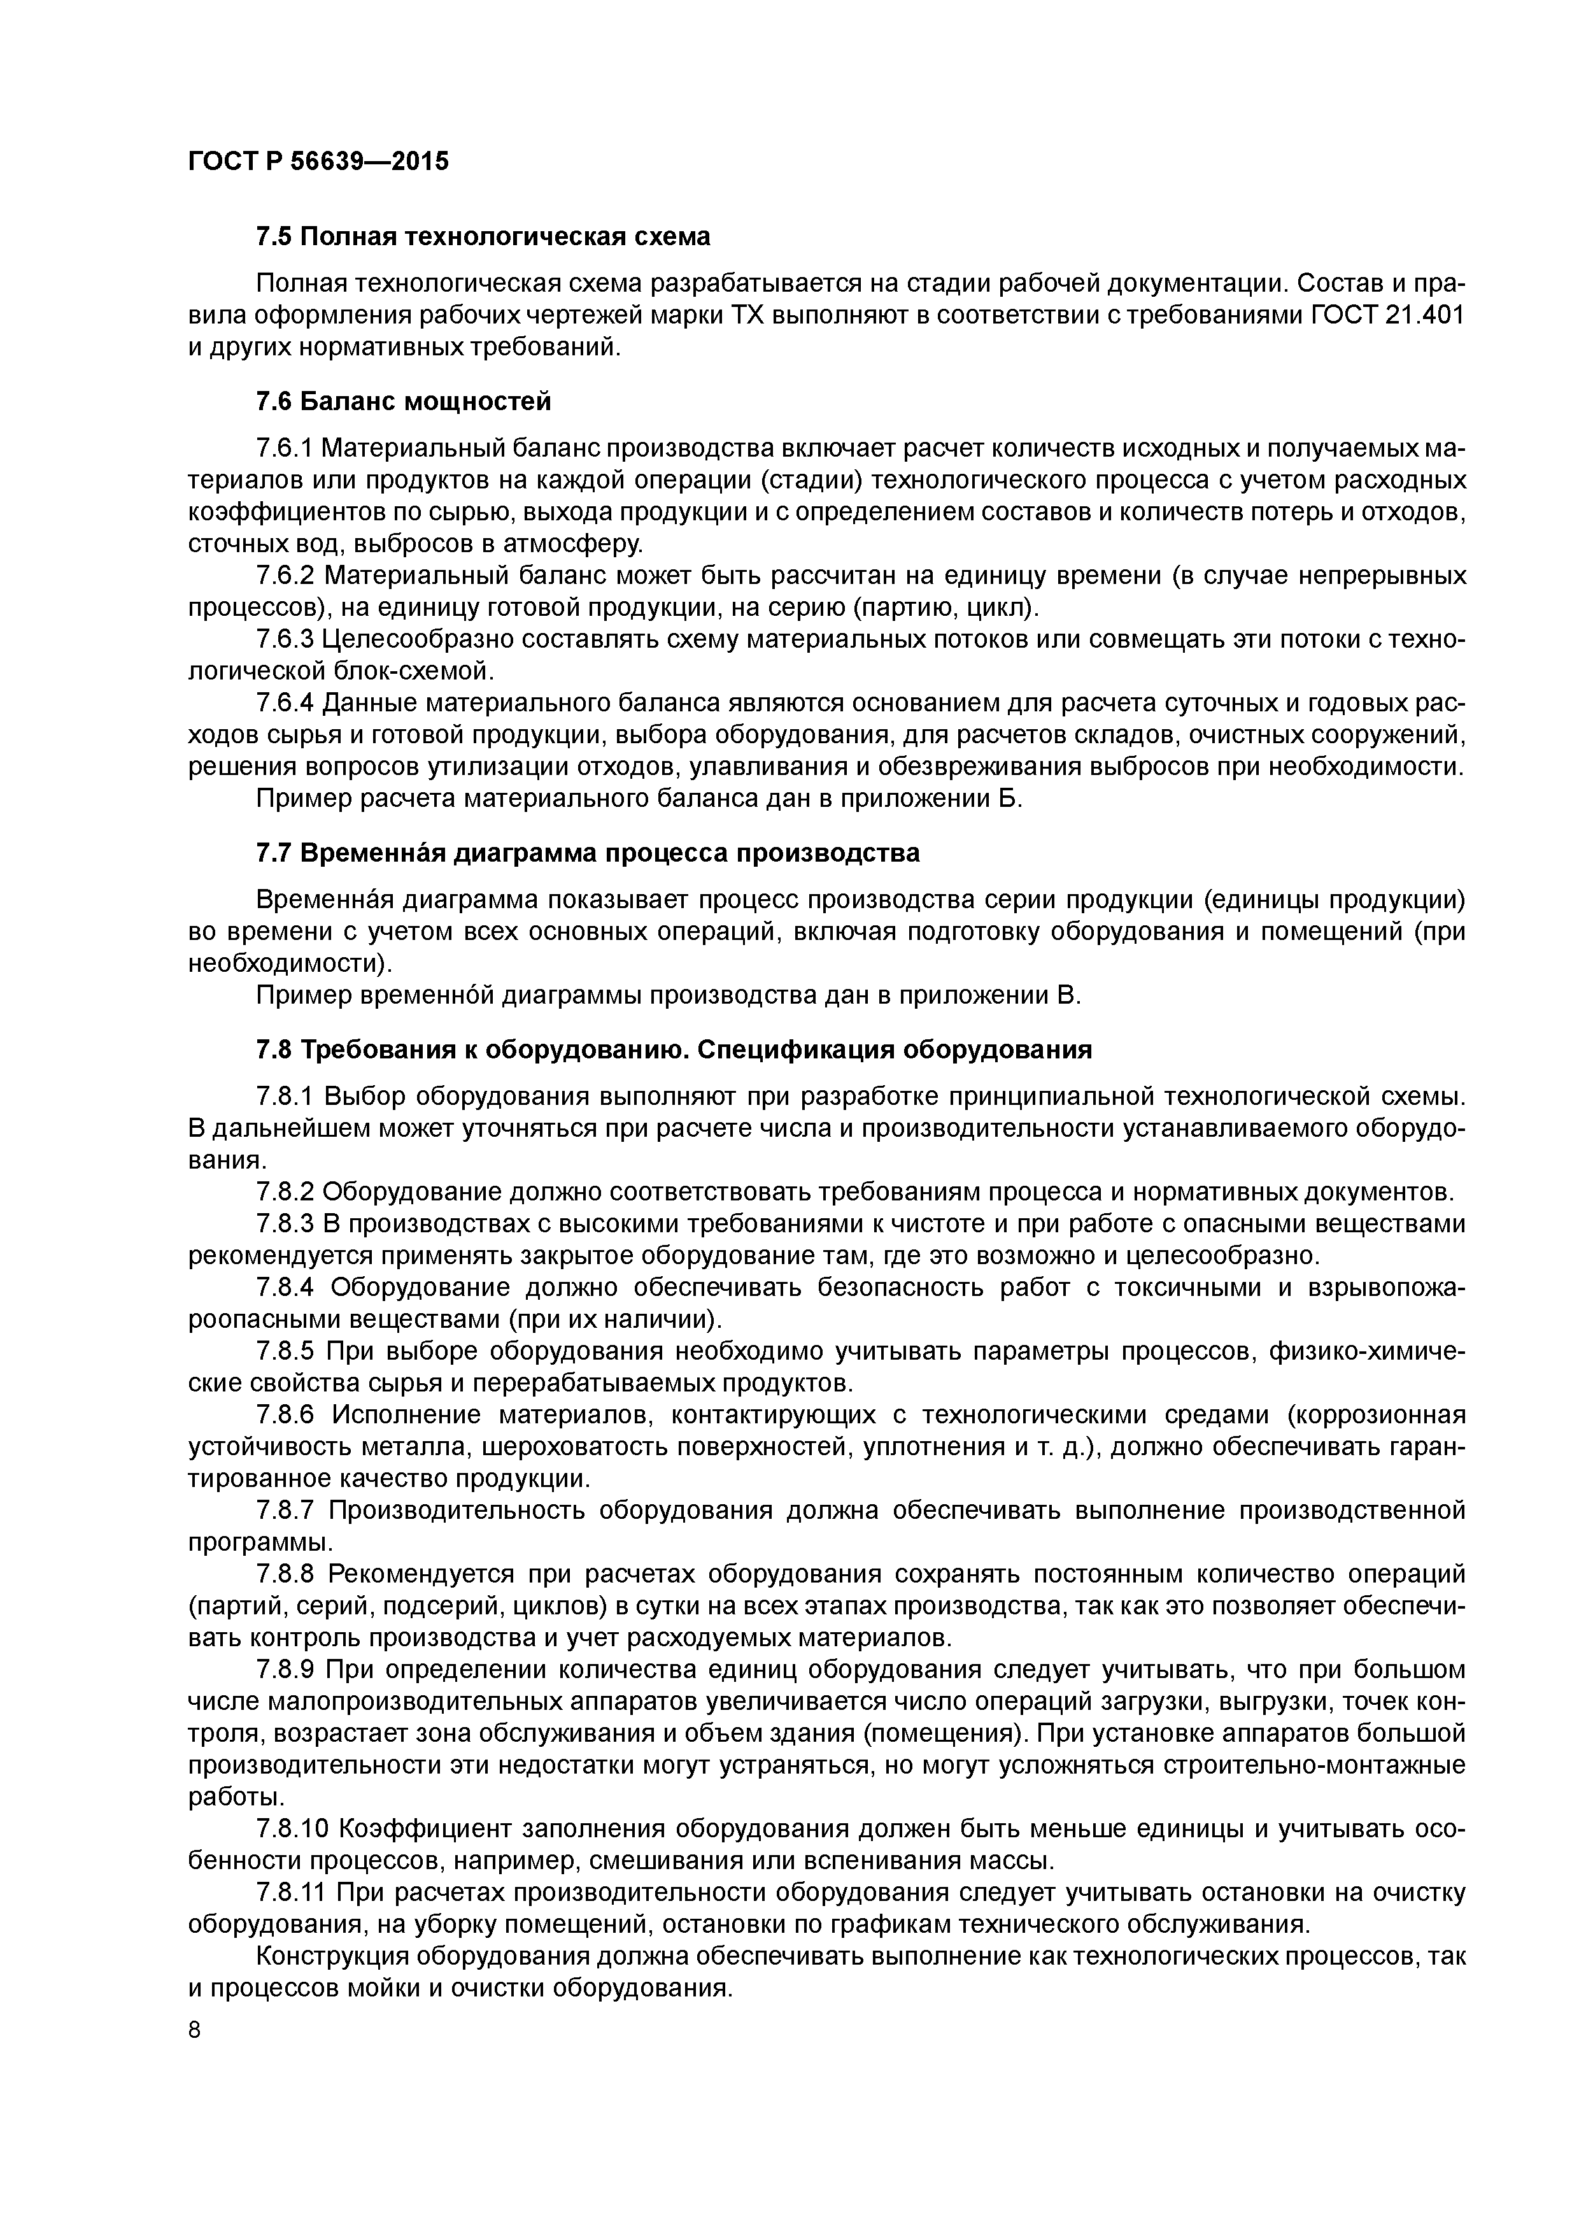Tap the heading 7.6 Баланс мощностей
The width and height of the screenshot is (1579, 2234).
[x=403, y=401]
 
